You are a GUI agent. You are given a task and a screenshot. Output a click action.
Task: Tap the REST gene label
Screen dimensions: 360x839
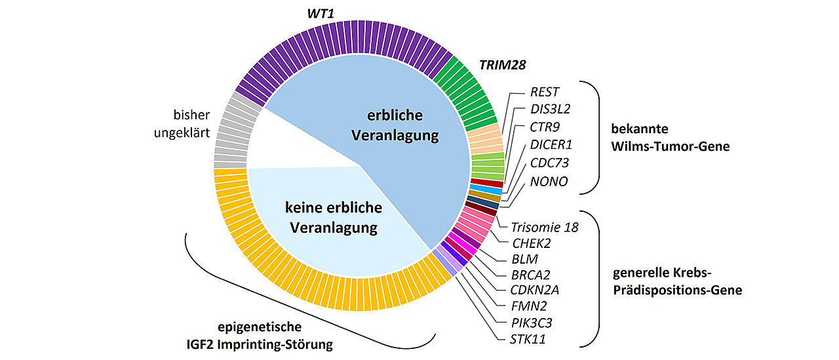(x=545, y=92)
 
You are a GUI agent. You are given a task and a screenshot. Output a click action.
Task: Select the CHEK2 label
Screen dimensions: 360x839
(x=531, y=244)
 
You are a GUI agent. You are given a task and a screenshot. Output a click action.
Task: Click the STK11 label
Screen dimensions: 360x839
(x=528, y=340)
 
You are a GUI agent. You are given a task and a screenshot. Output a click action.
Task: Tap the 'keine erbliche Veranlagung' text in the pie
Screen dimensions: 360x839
(x=333, y=218)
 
